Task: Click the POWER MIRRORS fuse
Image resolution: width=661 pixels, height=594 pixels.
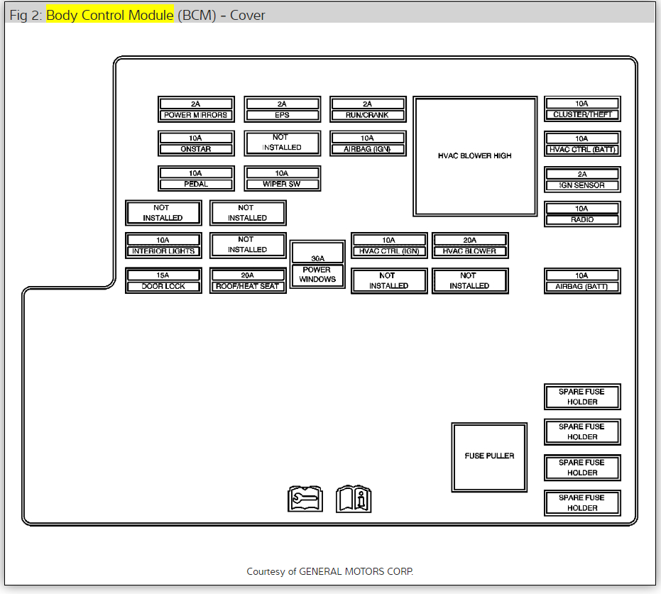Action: click(196, 109)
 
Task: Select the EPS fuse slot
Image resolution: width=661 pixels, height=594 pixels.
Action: click(282, 109)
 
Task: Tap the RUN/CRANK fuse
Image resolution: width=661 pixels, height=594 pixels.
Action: click(368, 109)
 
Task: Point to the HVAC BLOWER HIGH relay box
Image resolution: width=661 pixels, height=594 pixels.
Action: click(475, 156)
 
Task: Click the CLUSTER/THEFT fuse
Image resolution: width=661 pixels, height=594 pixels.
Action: click(582, 109)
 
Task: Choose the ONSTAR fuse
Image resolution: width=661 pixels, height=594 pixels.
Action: click(196, 143)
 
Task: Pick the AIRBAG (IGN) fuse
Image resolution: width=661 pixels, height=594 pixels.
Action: click(368, 143)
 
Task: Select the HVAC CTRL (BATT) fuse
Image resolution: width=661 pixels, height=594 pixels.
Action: click(582, 144)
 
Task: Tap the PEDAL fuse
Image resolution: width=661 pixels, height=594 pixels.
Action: click(196, 178)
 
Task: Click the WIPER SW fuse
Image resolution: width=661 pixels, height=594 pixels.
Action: click(282, 178)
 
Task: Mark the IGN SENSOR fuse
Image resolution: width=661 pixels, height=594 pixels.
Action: click(582, 180)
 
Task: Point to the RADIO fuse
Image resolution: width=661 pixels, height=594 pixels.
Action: click(582, 214)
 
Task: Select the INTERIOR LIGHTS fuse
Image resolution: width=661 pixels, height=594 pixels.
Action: click(163, 246)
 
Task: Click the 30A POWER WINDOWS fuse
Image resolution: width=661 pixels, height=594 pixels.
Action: click(317, 264)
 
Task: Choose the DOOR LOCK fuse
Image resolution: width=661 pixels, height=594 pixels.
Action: click(163, 280)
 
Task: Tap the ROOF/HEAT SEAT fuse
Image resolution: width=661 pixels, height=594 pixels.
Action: click(248, 280)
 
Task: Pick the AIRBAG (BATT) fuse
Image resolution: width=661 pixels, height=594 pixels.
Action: click(582, 281)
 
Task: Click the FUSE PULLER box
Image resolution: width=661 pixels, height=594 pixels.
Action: click(489, 456)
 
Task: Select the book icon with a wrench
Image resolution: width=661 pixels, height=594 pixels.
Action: click(305, 498)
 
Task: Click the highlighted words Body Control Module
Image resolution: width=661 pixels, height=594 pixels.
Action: click(110, 15)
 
